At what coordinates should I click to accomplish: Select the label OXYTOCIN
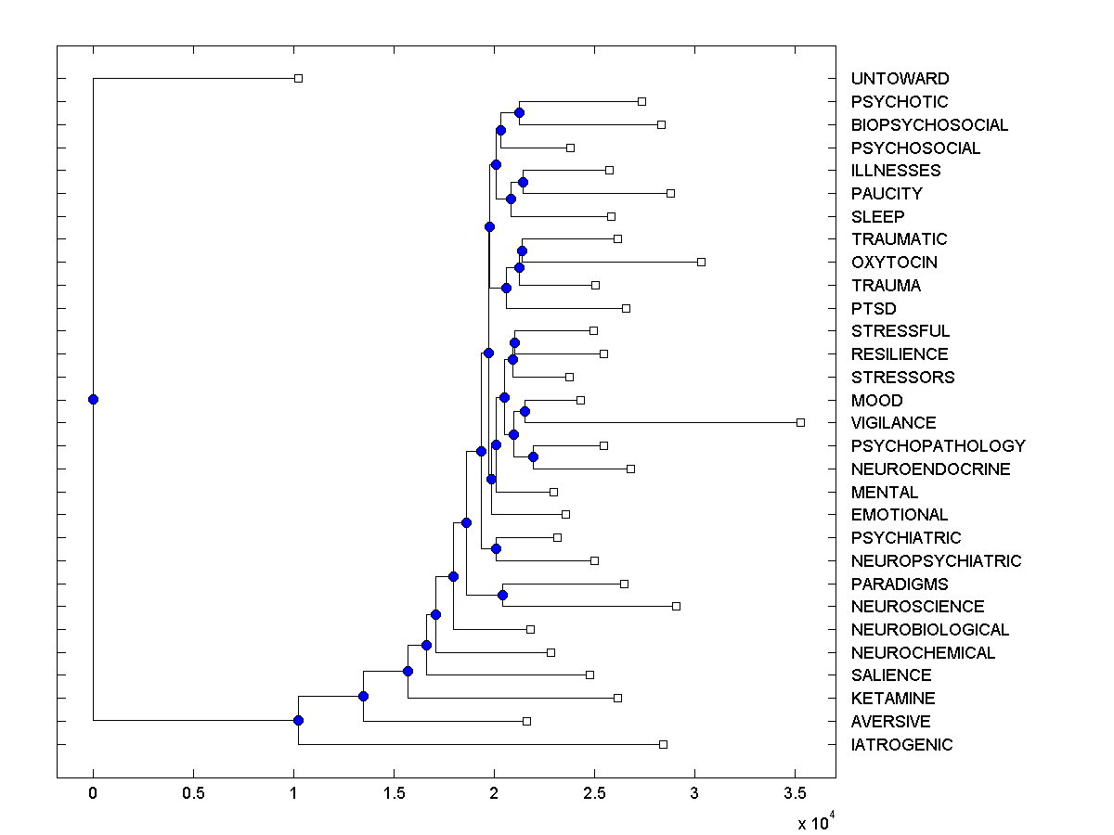[x=894, y=263]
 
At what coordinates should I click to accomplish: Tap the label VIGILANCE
[x=893, y=423]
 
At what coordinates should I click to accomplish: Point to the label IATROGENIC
[x=901, y=745]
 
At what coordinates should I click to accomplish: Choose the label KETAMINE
[x=893, y=699]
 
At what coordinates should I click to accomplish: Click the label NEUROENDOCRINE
[x=930, y=469]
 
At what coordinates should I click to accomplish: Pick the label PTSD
[x=874, y=308]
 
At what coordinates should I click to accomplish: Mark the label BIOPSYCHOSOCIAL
[x=929, y=125]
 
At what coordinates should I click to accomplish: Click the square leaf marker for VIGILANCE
[x=800, y=422]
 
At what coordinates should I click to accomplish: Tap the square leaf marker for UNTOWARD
[x=298, y=78]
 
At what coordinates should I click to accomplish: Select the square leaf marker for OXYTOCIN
[x=701, y=262]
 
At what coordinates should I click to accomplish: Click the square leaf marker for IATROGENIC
[x=663, y=744]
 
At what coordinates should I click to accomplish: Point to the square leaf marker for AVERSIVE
[x=526, y=721]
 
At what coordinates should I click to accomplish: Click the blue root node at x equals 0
[x=93, y=399]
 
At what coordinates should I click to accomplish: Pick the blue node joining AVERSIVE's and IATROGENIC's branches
[x=298, y=720]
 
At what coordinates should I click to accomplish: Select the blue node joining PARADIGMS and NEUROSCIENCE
[x=502, y=595]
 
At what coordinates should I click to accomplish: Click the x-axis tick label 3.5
[x=795, y=794]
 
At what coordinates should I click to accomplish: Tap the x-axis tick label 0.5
[x=193, y=794]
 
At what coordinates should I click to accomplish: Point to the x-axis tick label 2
[x=494, y=794]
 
